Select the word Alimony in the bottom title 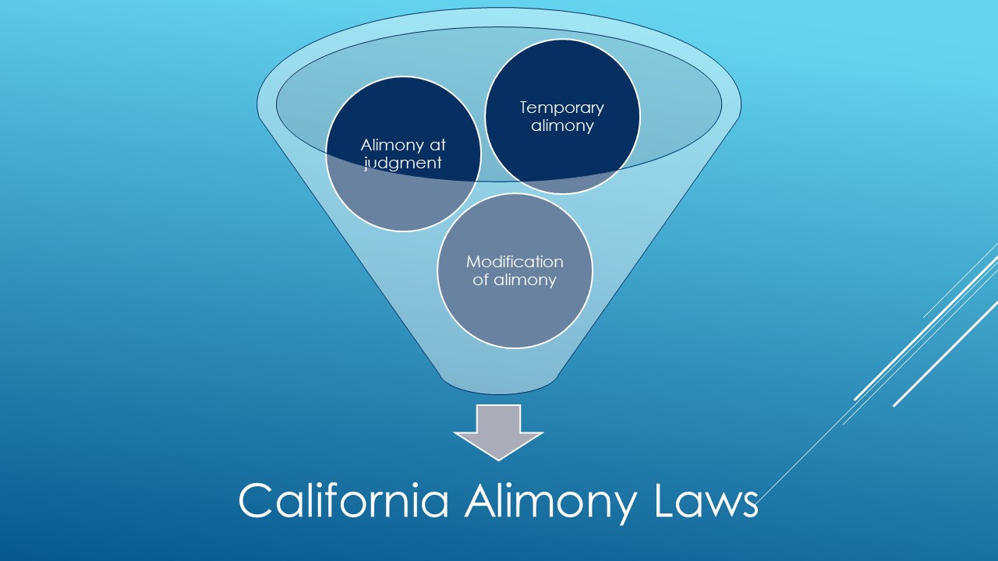(x=550, y=503)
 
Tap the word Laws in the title (x=706, y=500)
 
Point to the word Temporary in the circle (x=562, y=108)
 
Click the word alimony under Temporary (x=562, y=126)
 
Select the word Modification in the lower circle (x=515, y=262)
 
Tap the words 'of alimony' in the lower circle (x=515, y=280)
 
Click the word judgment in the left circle (x=403, y=164)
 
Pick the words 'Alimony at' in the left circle (x=403, y=145)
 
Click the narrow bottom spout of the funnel (x=498, y=382)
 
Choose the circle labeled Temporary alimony (x=562, y=117)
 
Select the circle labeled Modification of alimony (x=515, y=270)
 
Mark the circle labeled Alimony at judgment (x=403, y=154)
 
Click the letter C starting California (x=256, y=500)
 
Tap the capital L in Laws (x=666, y=500)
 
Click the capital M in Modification (x=473, y=262)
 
